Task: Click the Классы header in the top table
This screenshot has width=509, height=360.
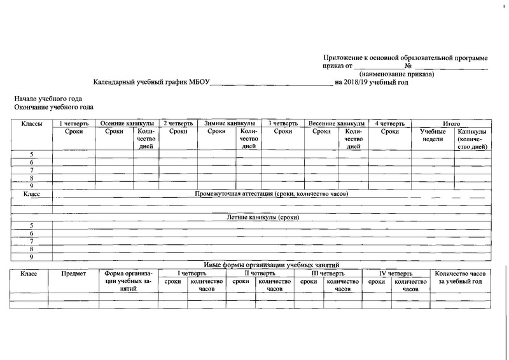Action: [32, 123]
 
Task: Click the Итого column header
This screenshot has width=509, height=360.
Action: [451, 123]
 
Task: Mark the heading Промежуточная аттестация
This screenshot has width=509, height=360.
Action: [272, 193]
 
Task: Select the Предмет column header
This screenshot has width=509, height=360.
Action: [73, 273]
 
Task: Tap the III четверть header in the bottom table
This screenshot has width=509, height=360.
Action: [326, 273]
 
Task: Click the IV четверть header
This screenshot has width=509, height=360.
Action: [396, 273]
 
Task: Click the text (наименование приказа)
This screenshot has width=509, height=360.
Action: [396, 74]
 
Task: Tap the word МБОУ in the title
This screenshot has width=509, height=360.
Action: [199, 82]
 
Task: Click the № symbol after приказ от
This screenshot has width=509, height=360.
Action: [408, 66]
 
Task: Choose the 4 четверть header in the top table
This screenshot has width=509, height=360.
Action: [390, 123]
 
